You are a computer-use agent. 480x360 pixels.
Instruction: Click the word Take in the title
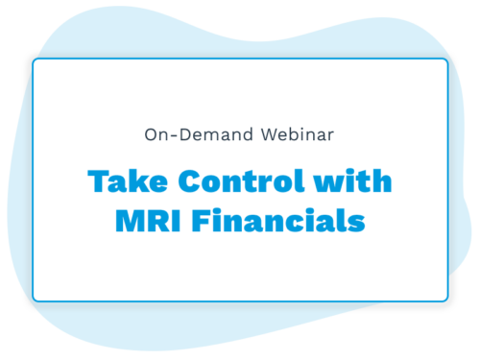click(120, 182)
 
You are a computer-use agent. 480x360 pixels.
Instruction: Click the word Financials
click(278, 221)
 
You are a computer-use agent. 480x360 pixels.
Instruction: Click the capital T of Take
click(96, 182)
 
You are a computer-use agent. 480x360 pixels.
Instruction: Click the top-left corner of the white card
click(34, 60)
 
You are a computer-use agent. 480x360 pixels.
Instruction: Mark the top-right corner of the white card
click(447, 60)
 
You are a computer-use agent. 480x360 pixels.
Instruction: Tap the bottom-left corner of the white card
click(34, 300)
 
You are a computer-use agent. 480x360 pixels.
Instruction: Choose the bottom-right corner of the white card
click(447, 300)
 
